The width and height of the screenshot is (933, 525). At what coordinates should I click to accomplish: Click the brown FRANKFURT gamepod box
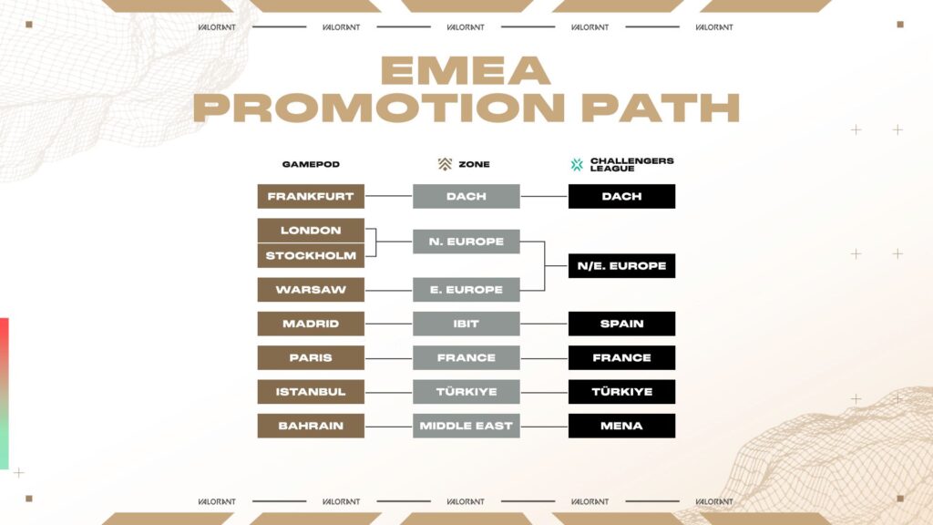pos(311,196)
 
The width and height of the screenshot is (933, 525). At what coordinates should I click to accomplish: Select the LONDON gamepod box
pos(311,231)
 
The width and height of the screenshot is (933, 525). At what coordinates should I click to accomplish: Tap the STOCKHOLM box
pos(311,256)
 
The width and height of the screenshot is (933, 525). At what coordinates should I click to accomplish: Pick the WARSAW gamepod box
pos(311,290)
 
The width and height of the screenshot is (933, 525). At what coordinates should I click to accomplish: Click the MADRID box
pos(311,324)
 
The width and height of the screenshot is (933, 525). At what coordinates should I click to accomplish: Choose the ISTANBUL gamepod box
pos(311,392)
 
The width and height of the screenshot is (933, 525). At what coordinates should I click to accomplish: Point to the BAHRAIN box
pos(311,426)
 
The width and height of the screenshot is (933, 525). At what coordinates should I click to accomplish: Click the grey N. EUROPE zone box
pos(466,242)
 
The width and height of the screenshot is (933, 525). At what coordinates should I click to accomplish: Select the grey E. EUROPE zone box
pos(466,290)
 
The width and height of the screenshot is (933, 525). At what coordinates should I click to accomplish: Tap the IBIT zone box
pos(466,324)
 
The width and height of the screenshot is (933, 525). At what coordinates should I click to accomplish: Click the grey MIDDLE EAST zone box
pos(466,426)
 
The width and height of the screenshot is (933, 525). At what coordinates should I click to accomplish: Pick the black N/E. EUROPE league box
pos(621,266)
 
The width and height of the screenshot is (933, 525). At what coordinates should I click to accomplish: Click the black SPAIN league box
pos(621,324)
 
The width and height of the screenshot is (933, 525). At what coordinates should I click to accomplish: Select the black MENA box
pos(621,426)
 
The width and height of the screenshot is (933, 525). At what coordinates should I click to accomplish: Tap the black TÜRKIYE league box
pos(621,392)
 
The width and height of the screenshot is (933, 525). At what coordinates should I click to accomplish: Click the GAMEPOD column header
pos(311,165)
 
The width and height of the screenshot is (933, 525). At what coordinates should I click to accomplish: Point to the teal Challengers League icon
pos(577,165)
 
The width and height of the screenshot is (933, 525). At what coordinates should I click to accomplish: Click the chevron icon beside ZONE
pos(445,165)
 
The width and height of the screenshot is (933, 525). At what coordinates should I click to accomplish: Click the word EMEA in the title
pos(466,71)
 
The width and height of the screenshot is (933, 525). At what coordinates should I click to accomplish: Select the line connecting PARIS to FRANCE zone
pos(388,358)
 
